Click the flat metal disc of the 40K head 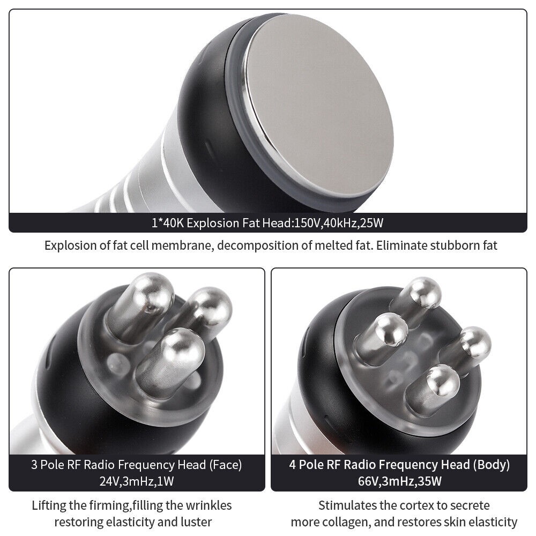[x=318, y=106]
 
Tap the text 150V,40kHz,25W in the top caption [x=339, y=223]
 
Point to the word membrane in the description [x=180, y=245]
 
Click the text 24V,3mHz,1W [x=137, y=481]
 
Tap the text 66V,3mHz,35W [x=400, y=481]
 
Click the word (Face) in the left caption [x=225, y=465]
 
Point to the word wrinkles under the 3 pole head [x=209, y=505]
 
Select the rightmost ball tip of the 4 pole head [x=475, y=342]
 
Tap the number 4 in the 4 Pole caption [x=292, y=465]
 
